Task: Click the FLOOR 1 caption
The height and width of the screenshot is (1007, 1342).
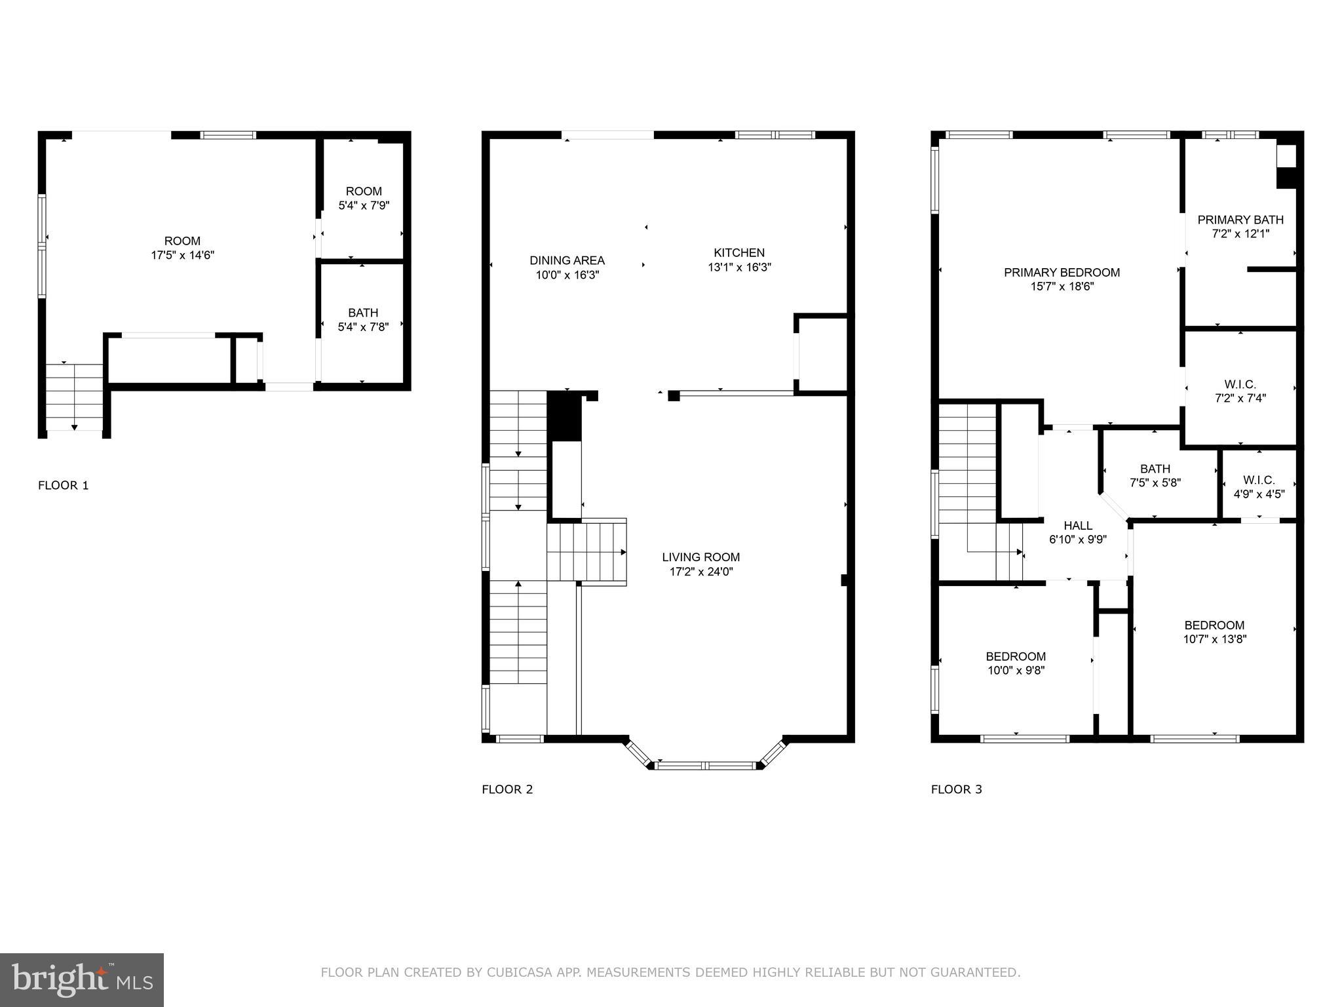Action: (x=63, y=485)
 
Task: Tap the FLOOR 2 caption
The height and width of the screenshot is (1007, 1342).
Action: (x=507, y=789)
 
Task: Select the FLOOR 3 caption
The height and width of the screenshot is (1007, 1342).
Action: (x=956, y=789)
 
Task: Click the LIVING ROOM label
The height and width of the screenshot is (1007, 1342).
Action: (x=700, y=557)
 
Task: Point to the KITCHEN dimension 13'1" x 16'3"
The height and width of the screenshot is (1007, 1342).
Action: (x=739, y=267)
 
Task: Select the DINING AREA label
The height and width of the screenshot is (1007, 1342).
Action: (x=567, y=261)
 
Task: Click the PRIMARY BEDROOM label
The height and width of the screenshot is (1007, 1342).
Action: (x=1062, y=272)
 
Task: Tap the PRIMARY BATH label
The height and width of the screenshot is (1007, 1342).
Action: (x=1240, y=220)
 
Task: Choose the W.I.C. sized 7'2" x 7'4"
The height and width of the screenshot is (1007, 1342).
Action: (x=1240, y=391)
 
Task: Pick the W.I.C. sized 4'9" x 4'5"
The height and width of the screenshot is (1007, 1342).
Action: (x=1259, y=487)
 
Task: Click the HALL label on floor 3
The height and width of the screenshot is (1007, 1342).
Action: (x=1078, y=526)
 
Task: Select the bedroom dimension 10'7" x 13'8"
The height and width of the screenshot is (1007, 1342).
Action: (x=1214, y=639)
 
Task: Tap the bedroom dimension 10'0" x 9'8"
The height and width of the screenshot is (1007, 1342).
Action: (x=1016, y=671)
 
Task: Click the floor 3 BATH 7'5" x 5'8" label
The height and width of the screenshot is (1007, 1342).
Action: (x=1155, y=476)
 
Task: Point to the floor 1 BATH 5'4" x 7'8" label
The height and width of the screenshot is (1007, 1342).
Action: (x=363, y=320)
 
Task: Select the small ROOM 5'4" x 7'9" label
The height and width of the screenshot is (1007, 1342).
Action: (x=364, y=198)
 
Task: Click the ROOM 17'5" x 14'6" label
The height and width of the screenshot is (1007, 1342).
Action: (x=182, y=248)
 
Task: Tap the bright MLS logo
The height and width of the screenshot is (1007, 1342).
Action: (x=81, y=979)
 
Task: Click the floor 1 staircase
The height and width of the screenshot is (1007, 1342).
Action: (x=75, y=397)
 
